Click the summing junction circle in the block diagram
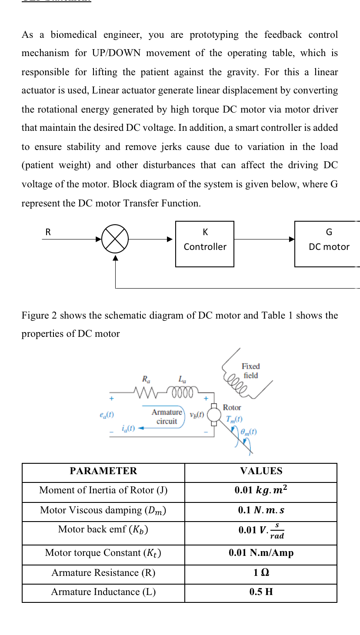click(115, 239)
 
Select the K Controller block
click(205, 243)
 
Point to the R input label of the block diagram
click(48, 232)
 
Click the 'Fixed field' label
click(251, 371)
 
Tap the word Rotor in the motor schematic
click(232, 407)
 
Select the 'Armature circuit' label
click(167, 416)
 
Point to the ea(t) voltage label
click(107, 415)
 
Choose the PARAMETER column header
click(103, 471)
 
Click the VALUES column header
click(261, 471)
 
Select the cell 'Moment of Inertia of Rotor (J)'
click(103, 490)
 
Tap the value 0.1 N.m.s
click(261, 510)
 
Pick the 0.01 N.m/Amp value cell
click(261, 553)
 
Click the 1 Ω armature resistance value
click(261, 573)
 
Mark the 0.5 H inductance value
click(261, 592)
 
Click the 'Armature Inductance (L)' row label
click(103, 592)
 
